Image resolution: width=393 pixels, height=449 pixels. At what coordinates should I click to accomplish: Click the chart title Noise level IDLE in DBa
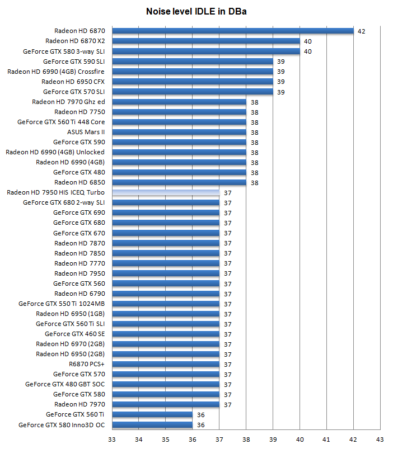click(196, 11)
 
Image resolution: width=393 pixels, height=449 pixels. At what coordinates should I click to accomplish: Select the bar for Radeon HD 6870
click(233, 31)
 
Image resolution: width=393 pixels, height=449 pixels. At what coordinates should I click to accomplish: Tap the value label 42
click(361, 31)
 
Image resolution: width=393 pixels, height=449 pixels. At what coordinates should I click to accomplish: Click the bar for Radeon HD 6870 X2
click(206, 41)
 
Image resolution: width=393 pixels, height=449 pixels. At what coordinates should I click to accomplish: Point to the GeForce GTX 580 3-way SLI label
click(64, 51)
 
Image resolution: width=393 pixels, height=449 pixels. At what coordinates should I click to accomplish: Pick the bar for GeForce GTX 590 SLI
click(193, 61)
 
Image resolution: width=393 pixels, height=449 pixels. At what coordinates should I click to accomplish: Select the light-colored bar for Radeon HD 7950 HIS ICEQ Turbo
click(166, 192)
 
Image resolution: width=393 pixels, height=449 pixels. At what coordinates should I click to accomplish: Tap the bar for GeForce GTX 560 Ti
click(152, 414)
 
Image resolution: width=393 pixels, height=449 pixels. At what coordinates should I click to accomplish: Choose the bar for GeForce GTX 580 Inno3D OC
click(152, 424)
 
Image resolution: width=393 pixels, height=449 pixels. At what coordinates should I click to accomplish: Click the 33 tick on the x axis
click(112, 439)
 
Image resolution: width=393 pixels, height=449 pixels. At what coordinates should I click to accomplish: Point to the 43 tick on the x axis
click(380, 439)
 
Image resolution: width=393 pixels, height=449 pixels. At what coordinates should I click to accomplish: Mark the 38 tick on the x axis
click(246, 439)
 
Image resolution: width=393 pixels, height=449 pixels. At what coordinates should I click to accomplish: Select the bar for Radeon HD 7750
click(179, 112)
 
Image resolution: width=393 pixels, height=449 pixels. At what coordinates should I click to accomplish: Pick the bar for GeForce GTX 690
click(166, 212)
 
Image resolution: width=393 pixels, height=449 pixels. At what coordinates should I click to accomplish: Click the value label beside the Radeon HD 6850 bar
click(254, 183)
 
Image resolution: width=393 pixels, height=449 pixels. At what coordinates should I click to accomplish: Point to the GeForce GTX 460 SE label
click(74, 334)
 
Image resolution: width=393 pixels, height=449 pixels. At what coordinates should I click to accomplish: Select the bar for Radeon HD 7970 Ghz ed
click(179, 102)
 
